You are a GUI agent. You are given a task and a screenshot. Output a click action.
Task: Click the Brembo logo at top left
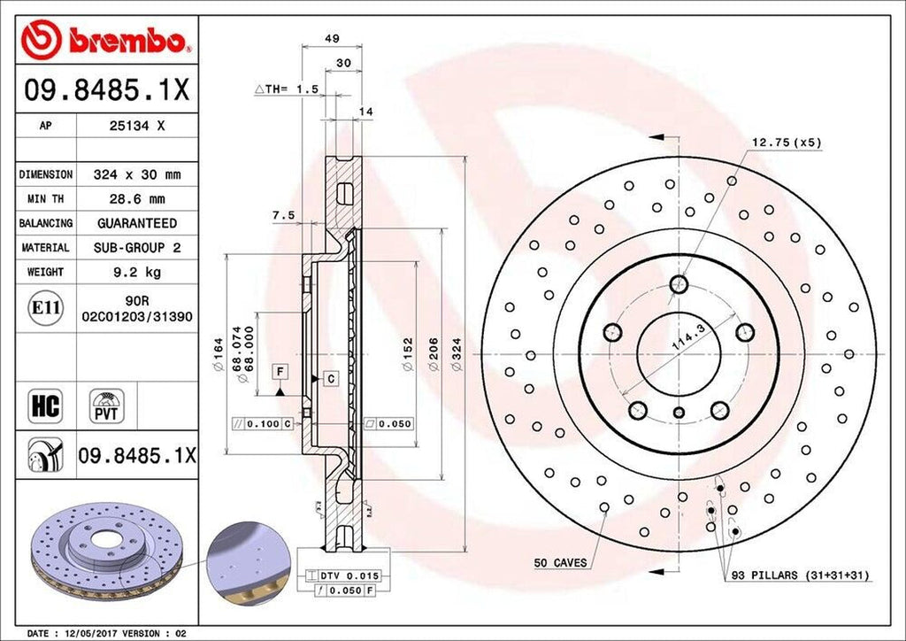(x=106, y=39)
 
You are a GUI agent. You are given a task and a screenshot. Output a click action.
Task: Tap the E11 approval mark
(x=45, y=308)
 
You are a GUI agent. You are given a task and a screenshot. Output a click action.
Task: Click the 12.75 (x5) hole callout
(x=786, y=142)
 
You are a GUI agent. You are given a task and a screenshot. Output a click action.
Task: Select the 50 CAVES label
(x=560, y=562)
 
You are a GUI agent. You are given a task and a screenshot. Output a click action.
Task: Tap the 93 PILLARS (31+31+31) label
(x=800, y=575)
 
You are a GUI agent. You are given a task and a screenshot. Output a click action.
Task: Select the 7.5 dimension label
(x=283, y=215)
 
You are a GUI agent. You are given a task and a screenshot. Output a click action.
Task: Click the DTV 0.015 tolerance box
(x=334, y=575)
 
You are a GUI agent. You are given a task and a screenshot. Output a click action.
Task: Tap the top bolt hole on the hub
(x=679, y=284)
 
